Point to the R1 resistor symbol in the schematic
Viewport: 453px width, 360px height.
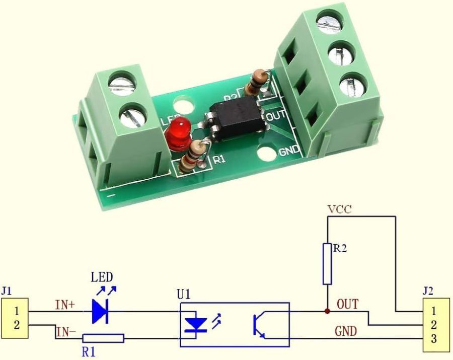103,338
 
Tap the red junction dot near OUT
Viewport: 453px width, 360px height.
328,312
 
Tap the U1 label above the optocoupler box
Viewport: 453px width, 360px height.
184,294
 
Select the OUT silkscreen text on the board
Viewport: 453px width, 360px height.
275,115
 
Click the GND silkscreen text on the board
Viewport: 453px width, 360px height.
289,150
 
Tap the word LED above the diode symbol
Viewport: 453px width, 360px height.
102,276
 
